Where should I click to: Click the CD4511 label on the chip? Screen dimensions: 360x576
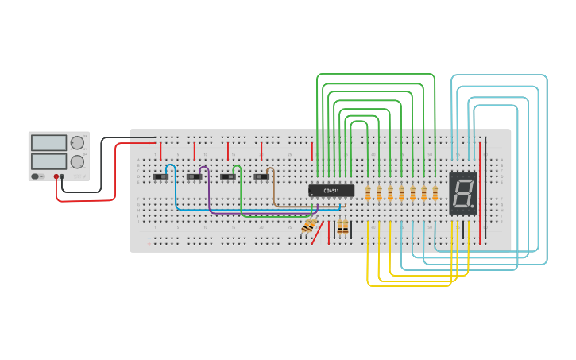coord(331,190)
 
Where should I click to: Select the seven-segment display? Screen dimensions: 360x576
coord(463,193)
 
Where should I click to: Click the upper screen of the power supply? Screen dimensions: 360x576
coord(48,143)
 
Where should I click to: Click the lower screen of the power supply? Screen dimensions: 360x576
coord(48,161)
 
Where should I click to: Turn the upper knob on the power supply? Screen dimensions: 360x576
coord(77,143)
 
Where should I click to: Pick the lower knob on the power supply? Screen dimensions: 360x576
coord(77,161)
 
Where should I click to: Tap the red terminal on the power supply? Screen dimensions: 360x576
coord(56,176)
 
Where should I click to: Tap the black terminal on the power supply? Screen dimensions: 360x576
coord(63,176)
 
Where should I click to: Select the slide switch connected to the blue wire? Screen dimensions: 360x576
coord(160,176)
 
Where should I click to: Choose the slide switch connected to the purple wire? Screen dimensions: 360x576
coord(194,176)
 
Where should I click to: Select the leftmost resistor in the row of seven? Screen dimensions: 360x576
coord(368,193)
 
